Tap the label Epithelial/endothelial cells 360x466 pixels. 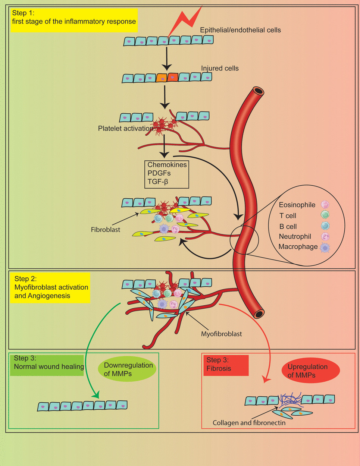pos(240,30)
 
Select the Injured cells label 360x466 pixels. pos(220,68)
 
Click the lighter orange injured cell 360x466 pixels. pos(161,78)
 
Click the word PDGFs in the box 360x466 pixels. pos(159,173)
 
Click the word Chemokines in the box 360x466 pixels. pos(167,164)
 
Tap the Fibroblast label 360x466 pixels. pos(106,230)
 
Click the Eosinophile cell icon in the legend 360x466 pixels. pos(325,204)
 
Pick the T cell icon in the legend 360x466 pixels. pos(325,214)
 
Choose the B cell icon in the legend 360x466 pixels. pos(325,226)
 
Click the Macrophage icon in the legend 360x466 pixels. pos(325,247)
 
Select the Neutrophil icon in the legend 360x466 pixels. pos(325,236)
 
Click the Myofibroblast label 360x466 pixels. pos(221,334)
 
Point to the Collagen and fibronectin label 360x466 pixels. pos(249,423)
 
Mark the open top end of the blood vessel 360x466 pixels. pos(258,91)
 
